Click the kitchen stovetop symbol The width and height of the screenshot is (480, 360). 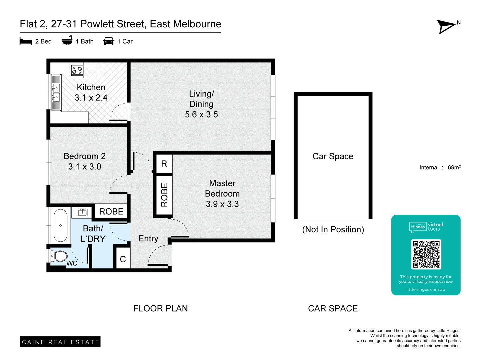77,70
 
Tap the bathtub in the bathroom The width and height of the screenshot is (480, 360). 60,225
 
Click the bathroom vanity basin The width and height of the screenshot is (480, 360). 82,212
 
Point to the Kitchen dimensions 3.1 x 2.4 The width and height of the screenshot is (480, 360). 91,98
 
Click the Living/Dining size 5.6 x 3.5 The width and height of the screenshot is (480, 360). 201,115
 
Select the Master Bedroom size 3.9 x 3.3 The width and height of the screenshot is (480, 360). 222,204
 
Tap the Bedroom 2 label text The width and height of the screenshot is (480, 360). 85,156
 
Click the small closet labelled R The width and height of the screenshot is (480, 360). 164,164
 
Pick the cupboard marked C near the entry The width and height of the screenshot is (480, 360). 123,259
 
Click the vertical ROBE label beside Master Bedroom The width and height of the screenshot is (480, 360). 164,195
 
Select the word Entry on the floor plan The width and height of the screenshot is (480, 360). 148,238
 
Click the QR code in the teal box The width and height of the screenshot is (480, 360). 426,254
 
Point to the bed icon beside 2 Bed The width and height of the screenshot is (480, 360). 26,41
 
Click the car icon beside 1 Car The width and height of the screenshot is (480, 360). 109,41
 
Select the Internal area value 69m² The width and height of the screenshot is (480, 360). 454,167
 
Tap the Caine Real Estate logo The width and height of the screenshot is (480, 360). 60,342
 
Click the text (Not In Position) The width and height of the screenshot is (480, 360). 333,229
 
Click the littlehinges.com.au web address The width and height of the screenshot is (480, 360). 426,289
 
